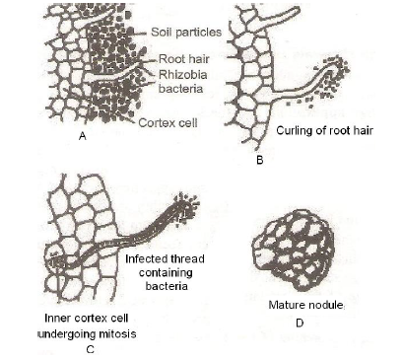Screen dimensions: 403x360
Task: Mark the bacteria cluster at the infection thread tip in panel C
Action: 184,205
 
